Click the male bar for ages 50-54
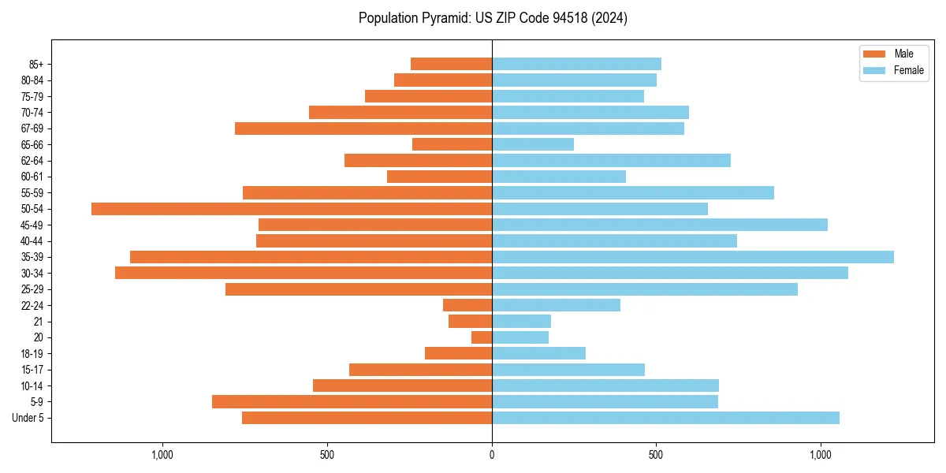pos(292,209)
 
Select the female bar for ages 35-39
pos(692,257)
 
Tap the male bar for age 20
pos(482,337)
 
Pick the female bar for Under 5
pos(665,418)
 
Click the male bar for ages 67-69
pos(363,128)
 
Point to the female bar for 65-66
pos(533,144)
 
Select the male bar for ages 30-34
pos(304,273)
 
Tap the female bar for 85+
pos(576,64)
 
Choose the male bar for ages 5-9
pos(352,402)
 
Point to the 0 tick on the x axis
pos(492,455)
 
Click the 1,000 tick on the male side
pos(162,455)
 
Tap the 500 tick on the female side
pos(655,455)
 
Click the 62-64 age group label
pos(33,161)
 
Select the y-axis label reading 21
pos(39,322)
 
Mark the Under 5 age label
pos(28,418)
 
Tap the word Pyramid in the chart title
pos(441,18)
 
